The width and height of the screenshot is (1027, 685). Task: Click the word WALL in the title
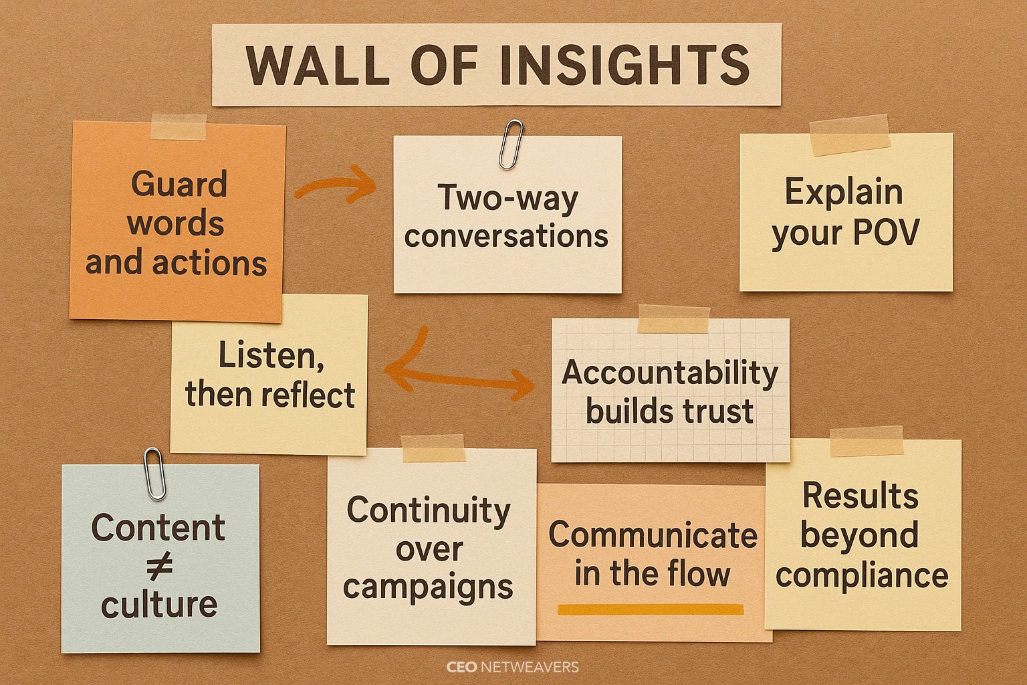(318, 65)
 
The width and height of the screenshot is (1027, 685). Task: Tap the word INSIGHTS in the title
(624, 65)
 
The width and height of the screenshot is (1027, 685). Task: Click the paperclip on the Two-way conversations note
(511, 144)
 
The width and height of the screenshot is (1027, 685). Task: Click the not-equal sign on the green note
(160, 565)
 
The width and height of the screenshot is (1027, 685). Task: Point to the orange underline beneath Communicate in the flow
(651, 609)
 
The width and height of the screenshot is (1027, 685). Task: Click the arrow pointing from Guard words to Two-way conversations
(336, 185)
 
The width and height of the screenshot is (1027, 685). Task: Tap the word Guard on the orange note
(179, 183)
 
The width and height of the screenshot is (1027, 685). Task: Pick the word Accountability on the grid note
(670, 373)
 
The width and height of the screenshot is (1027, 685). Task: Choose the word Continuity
(429, 510)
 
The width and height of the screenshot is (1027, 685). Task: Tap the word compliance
(862, 576)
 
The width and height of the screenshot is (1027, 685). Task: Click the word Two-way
(507, 198)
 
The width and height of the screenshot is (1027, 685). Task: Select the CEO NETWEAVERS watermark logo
(513, 667)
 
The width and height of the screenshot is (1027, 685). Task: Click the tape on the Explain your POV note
(849, 135)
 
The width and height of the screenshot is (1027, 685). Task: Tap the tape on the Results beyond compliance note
(866, 442)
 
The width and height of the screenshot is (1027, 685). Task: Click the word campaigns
(428, 588)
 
